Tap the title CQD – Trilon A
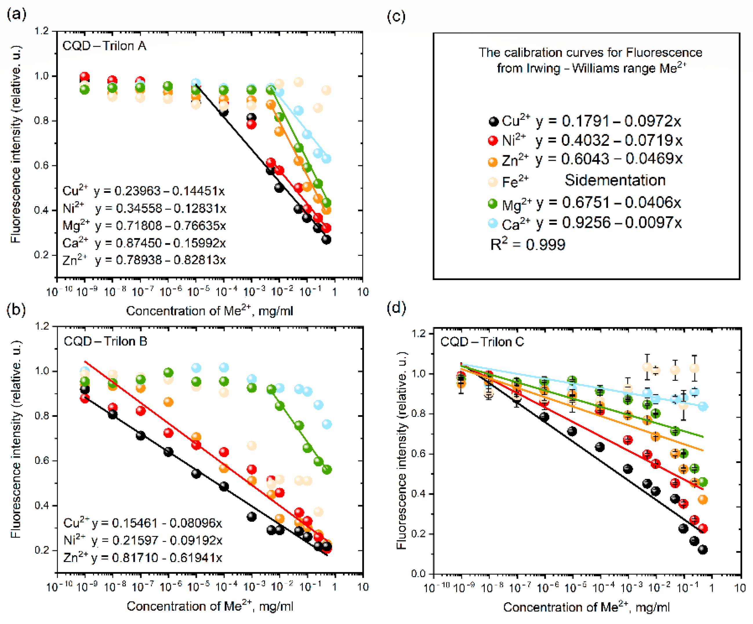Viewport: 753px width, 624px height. click(x=104, y=46)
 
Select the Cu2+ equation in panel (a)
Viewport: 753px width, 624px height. click(x=144, y=191)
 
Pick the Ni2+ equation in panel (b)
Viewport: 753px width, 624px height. click(x=143, y=540)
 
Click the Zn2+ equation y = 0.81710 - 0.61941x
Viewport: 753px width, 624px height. click(x=143, y=558)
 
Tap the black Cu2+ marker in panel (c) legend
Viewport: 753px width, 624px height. click(x=494, y=121)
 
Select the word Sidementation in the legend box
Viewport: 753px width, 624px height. click(x=615, y=180)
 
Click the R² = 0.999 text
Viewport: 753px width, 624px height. click(x=528, y=244)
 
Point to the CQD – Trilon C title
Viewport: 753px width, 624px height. click(x=482, y=342)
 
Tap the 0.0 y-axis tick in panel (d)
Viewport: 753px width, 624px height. click(x=418, y=574)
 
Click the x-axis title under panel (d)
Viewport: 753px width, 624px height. click(x=586, y=607)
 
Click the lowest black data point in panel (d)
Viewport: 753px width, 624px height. click(x=703, y=549)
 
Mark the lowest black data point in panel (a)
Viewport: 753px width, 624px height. click(x=326, y=240)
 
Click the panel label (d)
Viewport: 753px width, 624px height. click(x=396, y=308)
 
